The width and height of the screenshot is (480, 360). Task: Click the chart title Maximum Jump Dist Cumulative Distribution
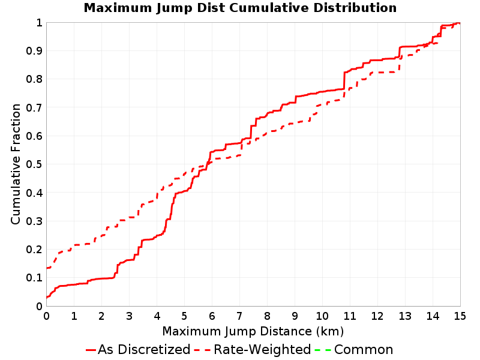coord(240,8)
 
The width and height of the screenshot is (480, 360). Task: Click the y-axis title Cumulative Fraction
coord(16,164)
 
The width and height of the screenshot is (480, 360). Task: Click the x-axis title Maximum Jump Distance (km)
coord(253,332)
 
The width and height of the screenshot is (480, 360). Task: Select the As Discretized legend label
coord(144,349)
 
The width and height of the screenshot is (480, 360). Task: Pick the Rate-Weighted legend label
coord(262,349)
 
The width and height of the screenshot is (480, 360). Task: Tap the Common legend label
coord(364,349)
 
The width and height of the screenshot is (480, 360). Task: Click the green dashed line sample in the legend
coord(323,350)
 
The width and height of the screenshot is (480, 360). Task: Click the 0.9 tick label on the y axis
coord(34,51)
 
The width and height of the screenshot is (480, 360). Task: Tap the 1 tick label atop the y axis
coord(39,23)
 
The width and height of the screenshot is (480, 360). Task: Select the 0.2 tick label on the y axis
coord(34,250)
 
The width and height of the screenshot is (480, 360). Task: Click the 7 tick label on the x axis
coord(239,316)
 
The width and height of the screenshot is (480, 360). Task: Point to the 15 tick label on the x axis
coord(460,316)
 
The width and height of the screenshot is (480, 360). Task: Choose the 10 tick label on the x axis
coord(322,316)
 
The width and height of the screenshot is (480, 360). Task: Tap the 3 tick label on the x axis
coord(129,316)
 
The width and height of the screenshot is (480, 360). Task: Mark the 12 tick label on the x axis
coord(377,316)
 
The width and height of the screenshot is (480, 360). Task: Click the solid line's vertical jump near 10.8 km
coord(344,81)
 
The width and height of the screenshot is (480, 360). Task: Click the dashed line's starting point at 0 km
coord(47,268)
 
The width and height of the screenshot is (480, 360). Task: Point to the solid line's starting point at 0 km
coord(47,297)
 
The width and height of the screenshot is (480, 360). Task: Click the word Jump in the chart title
coord(174,8)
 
